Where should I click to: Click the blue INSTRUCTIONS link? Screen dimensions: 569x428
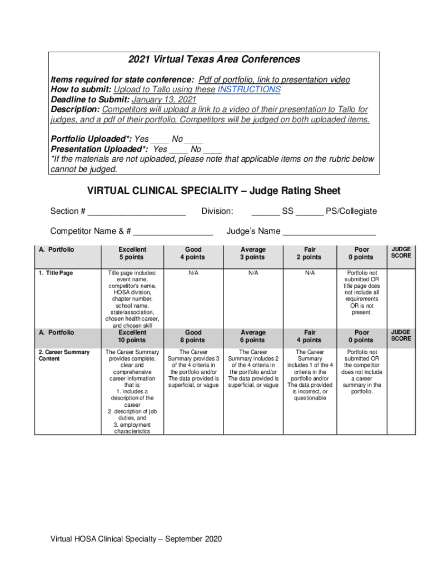tap(249, 89)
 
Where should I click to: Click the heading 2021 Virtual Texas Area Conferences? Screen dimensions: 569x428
tap(214, 59)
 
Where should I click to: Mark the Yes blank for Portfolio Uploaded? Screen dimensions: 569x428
tap(160, 139)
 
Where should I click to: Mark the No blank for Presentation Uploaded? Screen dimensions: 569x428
tap(212, 149)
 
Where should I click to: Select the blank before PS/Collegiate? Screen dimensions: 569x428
tap(310, 212)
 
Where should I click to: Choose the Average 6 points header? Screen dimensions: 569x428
tap(252, 336)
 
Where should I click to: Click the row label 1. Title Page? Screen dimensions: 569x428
tap(56, 273)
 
